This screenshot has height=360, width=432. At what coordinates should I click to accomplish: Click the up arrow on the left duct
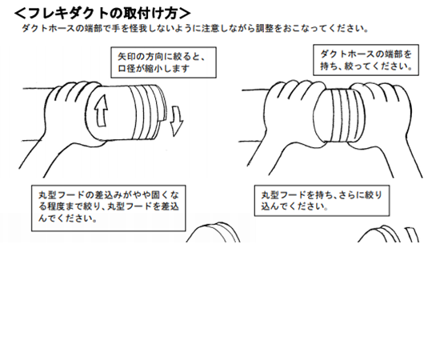(x=101, y=111)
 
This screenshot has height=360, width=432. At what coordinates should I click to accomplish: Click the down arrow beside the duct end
(x=176, y=121)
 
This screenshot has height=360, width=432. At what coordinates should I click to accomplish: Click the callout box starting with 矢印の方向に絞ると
(x=163, y=62)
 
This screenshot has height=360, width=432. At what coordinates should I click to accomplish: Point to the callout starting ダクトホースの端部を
(x=366, y=60)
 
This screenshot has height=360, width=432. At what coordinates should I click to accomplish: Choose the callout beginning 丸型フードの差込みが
(x=108, y=208)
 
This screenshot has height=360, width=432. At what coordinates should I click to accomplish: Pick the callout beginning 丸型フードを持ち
(x=322, y=201)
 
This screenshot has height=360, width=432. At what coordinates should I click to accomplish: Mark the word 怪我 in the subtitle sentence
(x=138, y=28)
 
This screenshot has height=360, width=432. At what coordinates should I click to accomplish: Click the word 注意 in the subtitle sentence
(x=210, y=28)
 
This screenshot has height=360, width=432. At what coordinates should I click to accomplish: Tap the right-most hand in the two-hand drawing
(x=386, y=121)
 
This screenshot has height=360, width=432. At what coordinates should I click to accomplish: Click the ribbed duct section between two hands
(x=339, y=116)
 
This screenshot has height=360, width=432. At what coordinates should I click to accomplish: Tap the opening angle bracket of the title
(x=20, y=14)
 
